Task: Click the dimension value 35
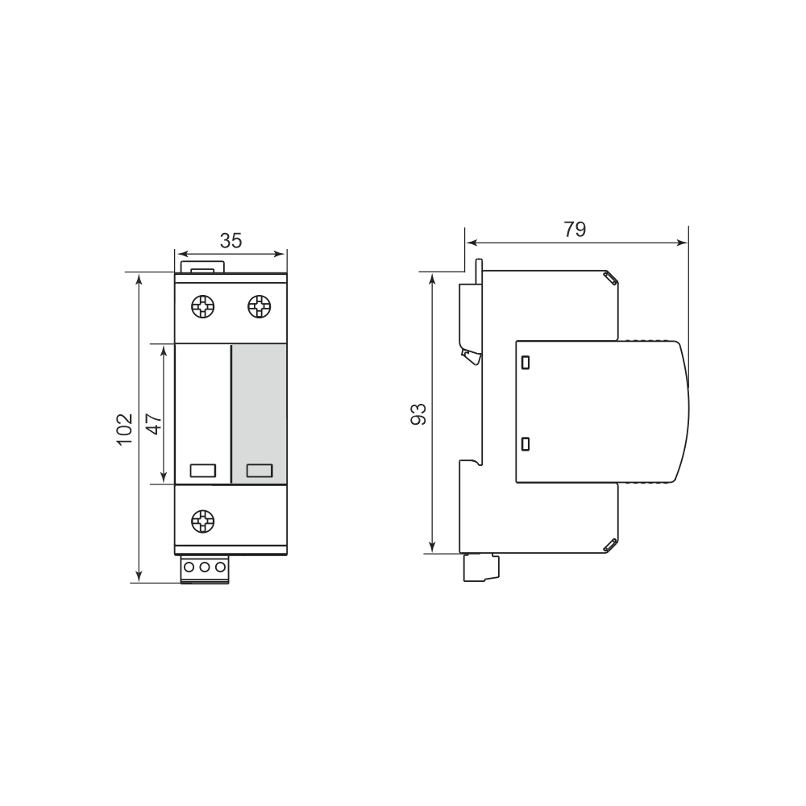(231, 240)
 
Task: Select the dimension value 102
(124, 430)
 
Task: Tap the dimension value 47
(154, 424)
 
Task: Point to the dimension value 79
(575, 229)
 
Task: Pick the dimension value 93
(418, 414)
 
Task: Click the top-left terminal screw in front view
(202, 307)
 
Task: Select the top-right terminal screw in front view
(259, 307)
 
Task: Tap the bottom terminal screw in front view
(202, 521)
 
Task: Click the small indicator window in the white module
(202, 471)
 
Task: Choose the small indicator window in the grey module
(259, 471)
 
